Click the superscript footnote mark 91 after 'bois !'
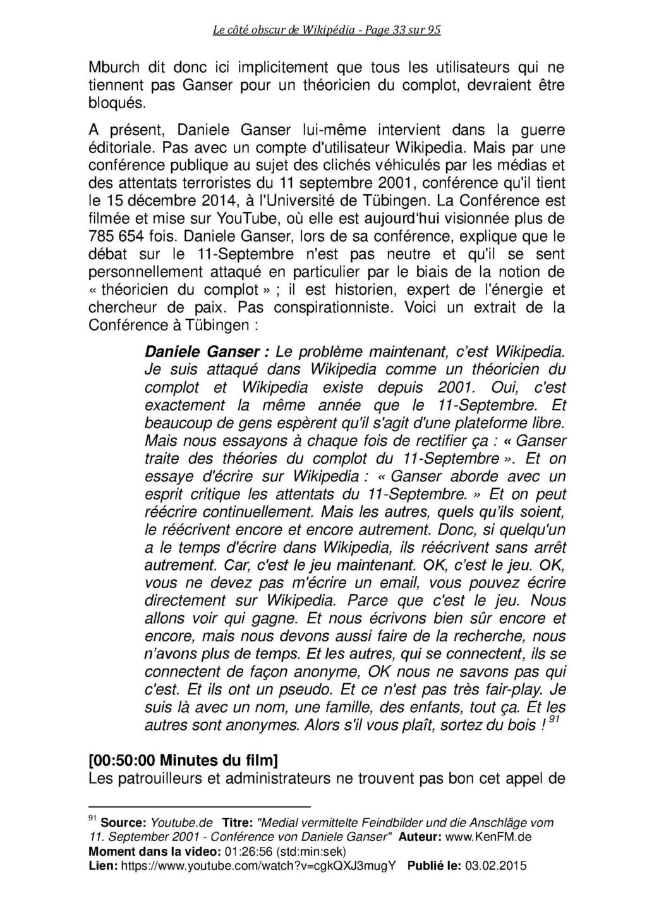[554, 720]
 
